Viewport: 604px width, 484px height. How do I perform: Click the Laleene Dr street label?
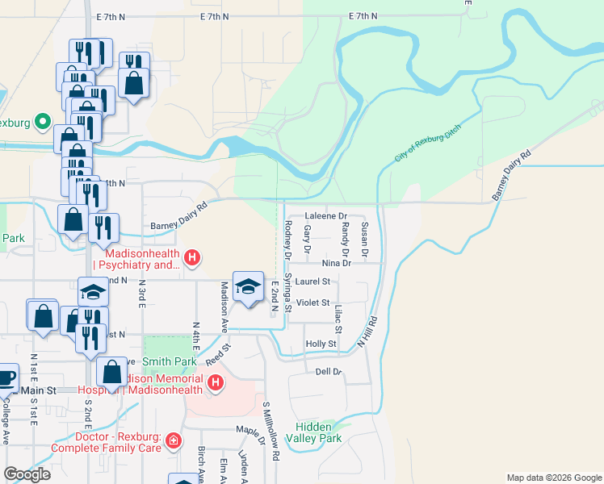coord(326,216)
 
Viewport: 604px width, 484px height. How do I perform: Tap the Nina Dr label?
coord(337,263)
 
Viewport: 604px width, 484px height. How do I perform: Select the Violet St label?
coord(313,302)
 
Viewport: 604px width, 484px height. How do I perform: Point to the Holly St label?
coord(321,344)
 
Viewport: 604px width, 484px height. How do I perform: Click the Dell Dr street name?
coord(329,372)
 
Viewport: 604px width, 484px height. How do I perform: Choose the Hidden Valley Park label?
coord(319,432)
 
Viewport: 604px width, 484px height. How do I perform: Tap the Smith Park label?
coord(170,361)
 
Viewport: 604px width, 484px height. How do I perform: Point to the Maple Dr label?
coord(250,429)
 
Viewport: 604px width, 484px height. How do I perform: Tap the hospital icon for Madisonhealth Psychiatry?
coord(192,258)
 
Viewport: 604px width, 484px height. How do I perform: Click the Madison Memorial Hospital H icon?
coord(215,383)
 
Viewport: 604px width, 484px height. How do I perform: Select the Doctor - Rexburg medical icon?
coord(173,440)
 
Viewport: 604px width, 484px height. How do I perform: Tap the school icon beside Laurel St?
coord(249,286)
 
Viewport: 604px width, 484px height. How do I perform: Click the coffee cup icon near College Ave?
coord(6,377)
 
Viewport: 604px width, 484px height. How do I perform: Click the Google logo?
coord(27,474)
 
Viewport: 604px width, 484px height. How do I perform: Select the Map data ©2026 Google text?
coord(553,478)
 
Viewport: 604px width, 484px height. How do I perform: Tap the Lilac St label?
coord(338,319)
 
